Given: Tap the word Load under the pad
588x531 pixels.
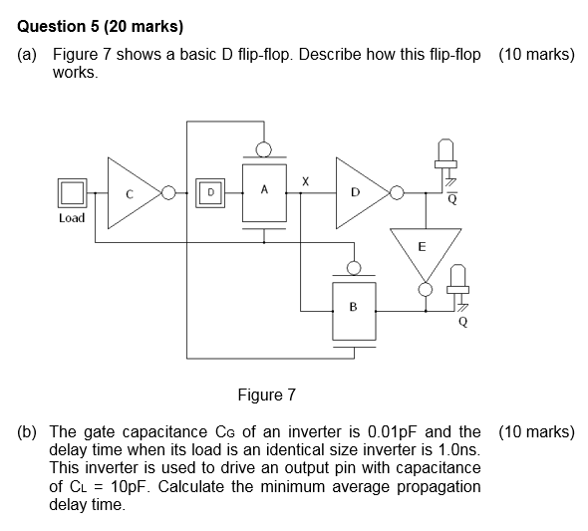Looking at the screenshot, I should pos(72,217).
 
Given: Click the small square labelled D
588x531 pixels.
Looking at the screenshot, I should pos(209,190).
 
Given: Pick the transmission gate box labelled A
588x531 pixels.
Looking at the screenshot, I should pos(264,191).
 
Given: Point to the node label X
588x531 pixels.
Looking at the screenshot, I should pos(306,181).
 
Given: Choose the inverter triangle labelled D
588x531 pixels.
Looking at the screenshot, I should pos(360,191).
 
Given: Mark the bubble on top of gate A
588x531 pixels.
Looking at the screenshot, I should pos(264,149).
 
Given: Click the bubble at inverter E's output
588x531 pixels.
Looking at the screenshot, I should pos(426,289).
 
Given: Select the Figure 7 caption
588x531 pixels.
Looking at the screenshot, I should pos(266,396).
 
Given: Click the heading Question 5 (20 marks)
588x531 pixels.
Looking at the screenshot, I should pos(94,25).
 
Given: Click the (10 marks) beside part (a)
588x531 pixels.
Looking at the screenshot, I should pos(535,55).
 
